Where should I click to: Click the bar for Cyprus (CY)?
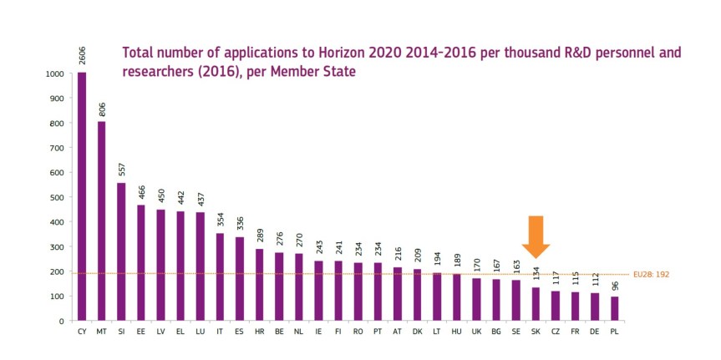click(82, 196)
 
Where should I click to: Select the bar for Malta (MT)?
click(101, 221)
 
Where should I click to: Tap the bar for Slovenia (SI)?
click(121, 251)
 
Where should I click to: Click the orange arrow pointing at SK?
click(536, 237)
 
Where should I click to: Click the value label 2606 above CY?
click(82, 53)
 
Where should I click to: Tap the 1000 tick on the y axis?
click(55, 74)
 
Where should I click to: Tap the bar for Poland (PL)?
click(615, 308)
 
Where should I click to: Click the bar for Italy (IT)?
click(220, 276)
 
